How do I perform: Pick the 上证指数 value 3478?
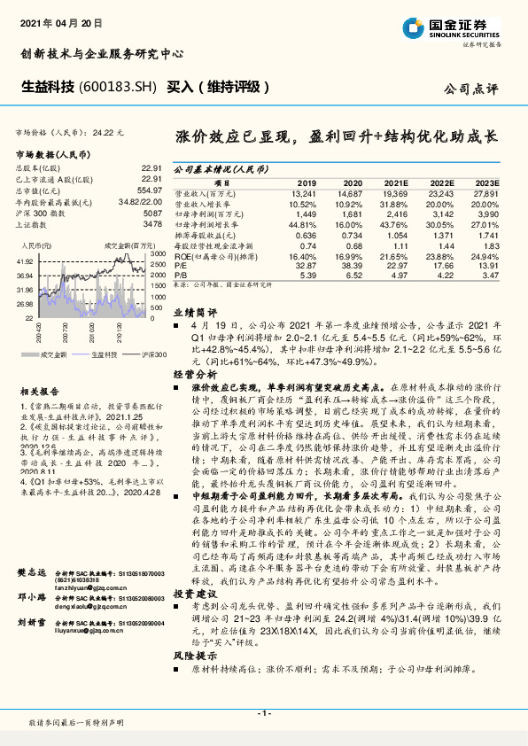[x=152, y=224]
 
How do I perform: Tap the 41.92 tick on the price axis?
[x=25, y=262]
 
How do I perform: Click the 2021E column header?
[x=394, y=182]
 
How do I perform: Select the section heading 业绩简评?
[x=194, y=313]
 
